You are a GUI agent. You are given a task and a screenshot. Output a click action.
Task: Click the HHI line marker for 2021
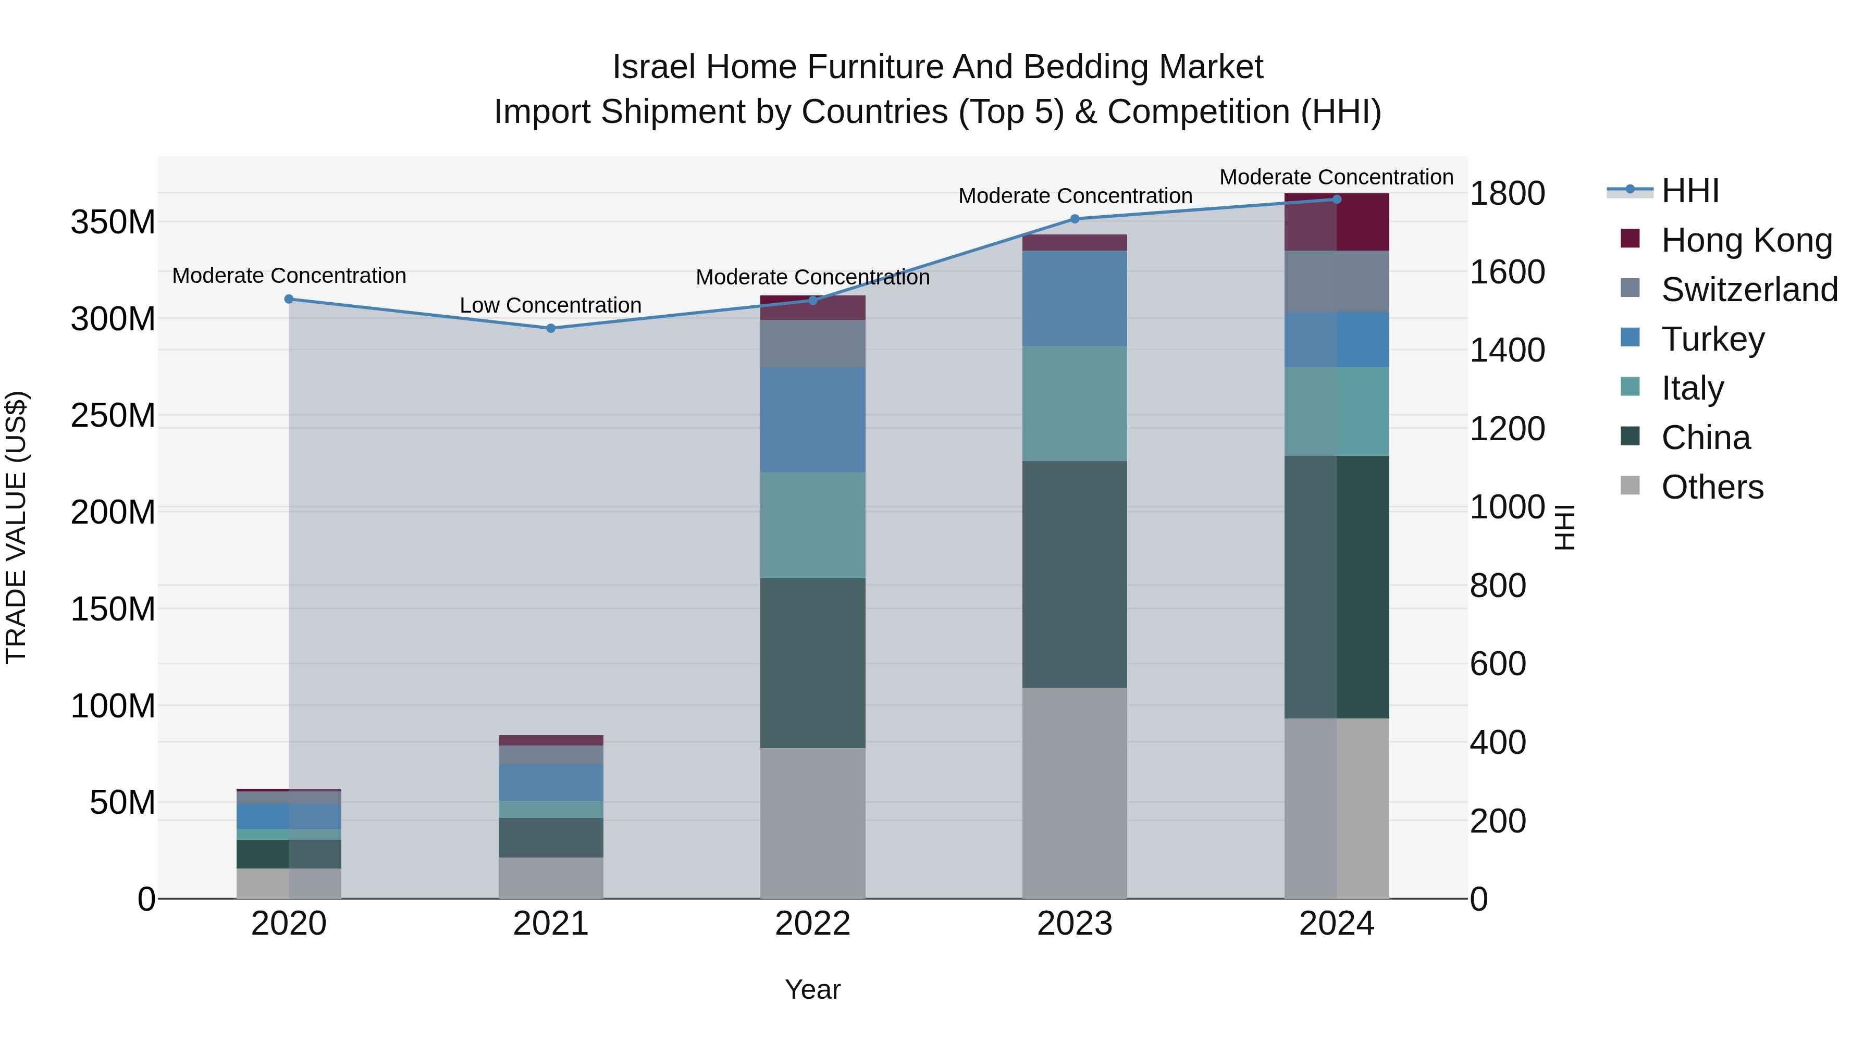coord(551,328)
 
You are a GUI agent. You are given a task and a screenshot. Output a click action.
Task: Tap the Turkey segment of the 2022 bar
coord(813,419)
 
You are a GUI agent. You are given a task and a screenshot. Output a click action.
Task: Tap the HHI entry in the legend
coord(1689,191)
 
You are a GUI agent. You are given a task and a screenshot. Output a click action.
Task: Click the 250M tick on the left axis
coord(113,416)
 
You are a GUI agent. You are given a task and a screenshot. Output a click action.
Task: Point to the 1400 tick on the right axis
coord(1507,350)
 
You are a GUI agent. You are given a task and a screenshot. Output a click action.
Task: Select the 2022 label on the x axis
coord(813,924)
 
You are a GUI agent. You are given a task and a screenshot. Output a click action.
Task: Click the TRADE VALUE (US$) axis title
coord(16,527)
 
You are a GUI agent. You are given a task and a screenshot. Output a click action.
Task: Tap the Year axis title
coord(813,989)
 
